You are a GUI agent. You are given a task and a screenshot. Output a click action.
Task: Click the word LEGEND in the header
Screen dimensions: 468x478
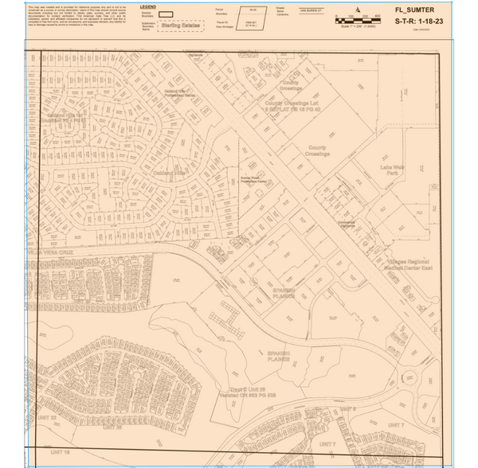tap(148, 6)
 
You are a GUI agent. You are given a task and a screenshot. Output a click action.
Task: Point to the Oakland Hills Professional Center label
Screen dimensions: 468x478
tap(186, 94)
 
